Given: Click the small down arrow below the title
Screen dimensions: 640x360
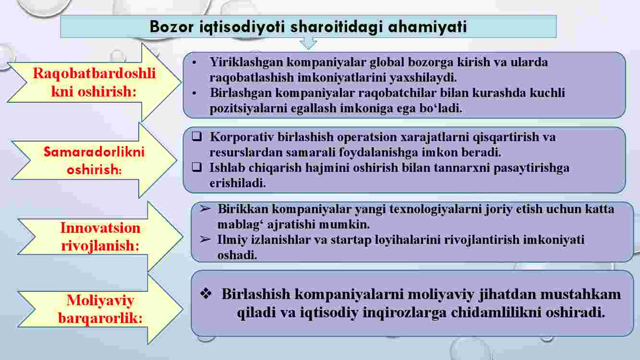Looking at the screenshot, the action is click(308, 44).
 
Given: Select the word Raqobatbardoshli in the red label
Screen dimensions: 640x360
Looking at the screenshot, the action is click(94, 73).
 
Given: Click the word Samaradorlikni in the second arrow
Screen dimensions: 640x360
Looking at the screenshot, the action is click(94, 152).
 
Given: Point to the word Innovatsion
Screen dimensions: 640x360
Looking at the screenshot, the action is click(100, 228).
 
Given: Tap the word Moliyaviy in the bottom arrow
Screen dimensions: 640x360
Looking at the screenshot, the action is click(100, 300).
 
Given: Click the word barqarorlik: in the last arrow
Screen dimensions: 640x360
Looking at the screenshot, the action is click(100, 318).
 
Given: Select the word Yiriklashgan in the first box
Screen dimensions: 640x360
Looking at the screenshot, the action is click(246, 62).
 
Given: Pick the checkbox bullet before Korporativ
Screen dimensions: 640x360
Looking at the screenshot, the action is click(197, 137).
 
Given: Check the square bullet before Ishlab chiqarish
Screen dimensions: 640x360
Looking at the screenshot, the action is click(197, 167).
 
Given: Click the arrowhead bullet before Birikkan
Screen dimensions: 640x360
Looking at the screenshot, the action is click(205, 209).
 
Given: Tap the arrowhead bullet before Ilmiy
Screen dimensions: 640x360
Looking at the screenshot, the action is click(205, 239).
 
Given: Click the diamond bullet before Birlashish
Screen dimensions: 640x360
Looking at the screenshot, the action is click(205, 294).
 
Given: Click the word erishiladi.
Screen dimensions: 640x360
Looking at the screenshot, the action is click(238, 183).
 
